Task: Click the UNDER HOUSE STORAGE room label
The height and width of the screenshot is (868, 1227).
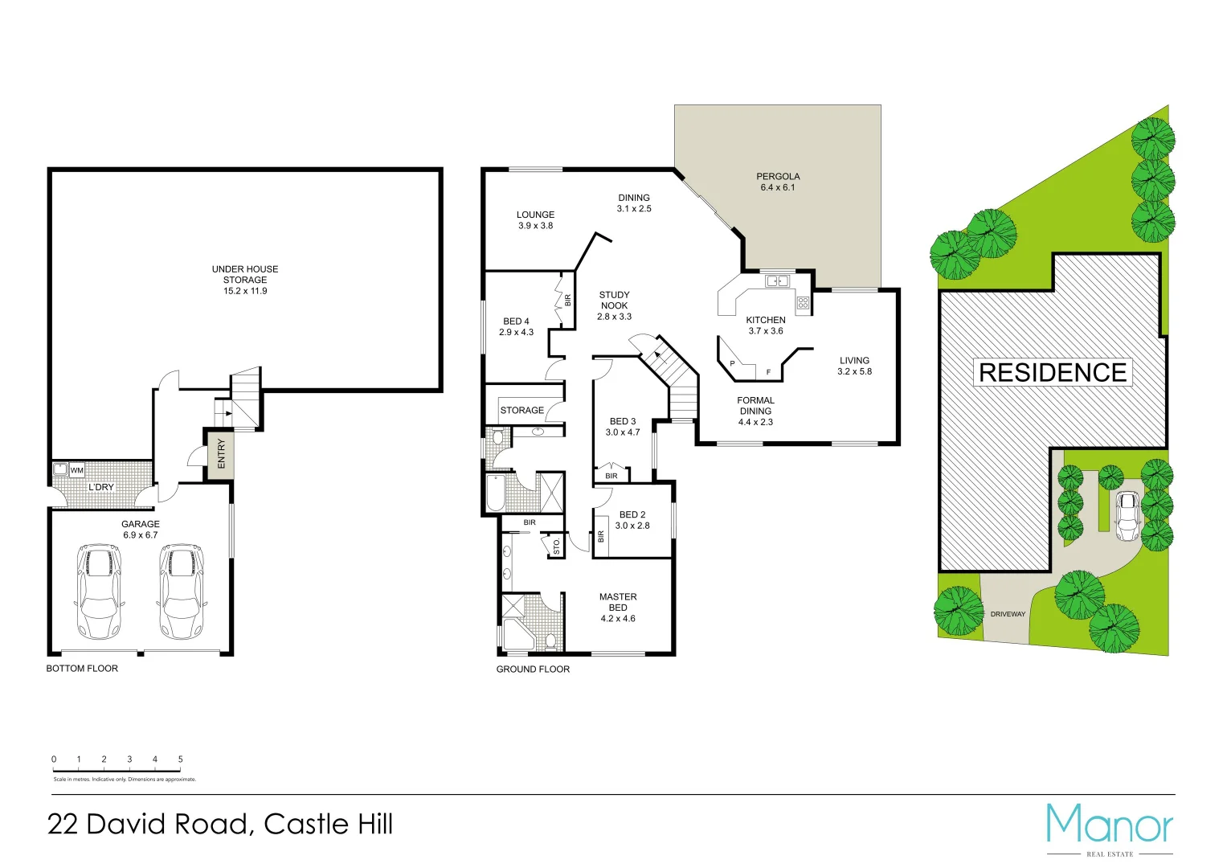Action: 245,280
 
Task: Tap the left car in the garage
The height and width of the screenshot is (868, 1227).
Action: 98,592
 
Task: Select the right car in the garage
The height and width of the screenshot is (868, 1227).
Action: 182,592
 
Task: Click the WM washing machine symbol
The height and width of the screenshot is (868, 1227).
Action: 76,470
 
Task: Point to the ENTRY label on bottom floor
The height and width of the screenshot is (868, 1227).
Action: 222,454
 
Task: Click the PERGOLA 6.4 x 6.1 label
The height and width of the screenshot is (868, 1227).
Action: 778,182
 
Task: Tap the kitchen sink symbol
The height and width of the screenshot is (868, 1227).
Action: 777,280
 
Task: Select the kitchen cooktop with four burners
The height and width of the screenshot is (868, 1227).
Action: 803,303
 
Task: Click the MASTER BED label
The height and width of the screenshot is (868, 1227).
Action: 618,608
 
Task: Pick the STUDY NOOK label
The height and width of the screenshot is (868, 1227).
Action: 615,305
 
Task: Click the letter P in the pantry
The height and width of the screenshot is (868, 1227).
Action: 732,364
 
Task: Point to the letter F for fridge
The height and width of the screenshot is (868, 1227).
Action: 768,372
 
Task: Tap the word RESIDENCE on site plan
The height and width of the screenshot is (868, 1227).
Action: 1053,373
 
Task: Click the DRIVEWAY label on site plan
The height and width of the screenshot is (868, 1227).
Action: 1008,614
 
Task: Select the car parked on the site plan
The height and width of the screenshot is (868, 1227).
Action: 1127,516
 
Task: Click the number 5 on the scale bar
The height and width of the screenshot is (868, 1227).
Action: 180,759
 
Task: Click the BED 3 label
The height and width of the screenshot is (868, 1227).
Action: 623,427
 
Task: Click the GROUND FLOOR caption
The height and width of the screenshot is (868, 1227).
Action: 533,669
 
